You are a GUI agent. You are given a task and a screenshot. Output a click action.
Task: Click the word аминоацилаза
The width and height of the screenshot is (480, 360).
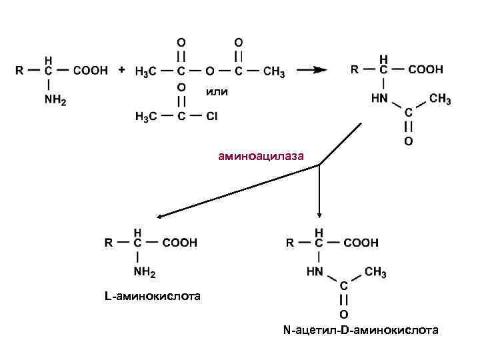pyautogui.click(x=261, y=157)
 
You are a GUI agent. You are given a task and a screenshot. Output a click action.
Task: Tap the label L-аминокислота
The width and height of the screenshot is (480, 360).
pyautogui.click(x=151, y=294)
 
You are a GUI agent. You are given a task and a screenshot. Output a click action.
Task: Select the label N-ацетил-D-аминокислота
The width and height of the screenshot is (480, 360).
pyautogui.click(x=361, y=329)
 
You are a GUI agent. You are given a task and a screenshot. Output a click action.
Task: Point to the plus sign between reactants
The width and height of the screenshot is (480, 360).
pyautogui.click(x=121, y=69)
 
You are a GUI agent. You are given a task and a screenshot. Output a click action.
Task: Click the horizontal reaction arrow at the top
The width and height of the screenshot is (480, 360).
pyautogui.click(x=309, y=70)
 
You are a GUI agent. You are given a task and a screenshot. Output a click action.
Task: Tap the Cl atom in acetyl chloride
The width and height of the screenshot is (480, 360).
pyautogui.click(x=211, y=117)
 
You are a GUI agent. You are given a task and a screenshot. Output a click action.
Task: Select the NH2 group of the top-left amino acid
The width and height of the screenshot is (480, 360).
pyautogui.click(x=55, y=100)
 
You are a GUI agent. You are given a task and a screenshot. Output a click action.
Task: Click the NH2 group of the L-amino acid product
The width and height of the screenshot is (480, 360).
pyautogui.click(x=144, y=272)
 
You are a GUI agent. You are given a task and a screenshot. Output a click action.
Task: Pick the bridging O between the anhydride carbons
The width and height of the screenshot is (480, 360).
pyautogui.click(x=209, y=71)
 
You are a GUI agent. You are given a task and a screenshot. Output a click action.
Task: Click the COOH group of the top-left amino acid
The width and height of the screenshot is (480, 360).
pyautogui.click(x=90, y=71)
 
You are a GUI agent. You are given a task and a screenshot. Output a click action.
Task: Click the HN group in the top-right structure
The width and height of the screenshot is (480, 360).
pyautogui.click(x=379, y=99)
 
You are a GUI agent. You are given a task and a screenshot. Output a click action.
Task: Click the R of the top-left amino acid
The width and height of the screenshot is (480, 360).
pyautogui.click(x=20, y=70)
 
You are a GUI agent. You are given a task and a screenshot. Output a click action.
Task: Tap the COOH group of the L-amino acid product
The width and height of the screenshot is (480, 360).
pyautogui.click(x=179, y=243)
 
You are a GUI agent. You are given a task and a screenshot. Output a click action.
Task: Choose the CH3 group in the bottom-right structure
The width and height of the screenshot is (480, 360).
pyautogui.click(x=375, y=272)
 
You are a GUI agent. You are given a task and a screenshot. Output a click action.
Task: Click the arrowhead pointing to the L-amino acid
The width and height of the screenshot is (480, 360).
pyautogui.click(x=160, y=216)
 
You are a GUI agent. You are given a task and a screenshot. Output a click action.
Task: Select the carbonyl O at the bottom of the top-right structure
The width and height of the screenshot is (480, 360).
pyautogui.click(x=408, y=141)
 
